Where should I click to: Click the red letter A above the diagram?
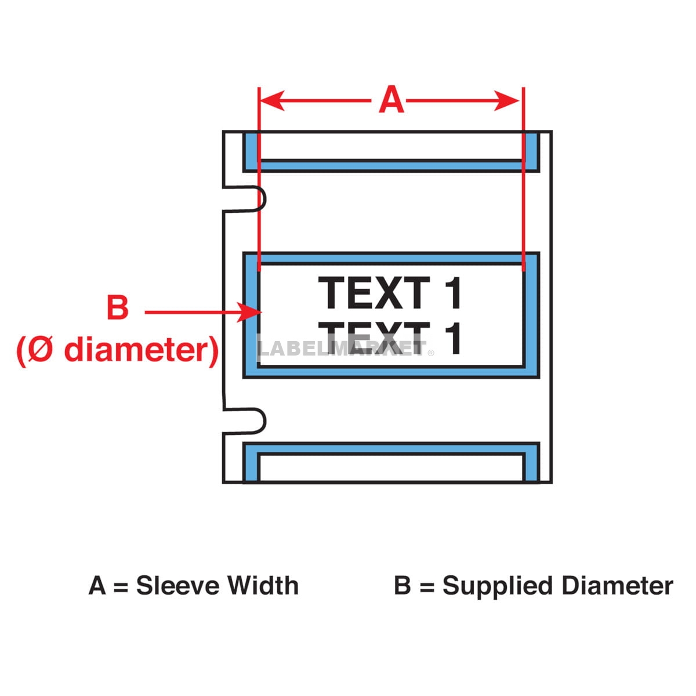pos(391,100)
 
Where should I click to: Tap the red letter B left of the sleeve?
pos(118,307)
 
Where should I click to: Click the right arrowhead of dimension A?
pos(507,100)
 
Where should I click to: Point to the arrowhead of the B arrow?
pos(249,313)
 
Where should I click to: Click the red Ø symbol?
pos(40,350)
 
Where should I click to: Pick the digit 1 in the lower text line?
pos(454,338)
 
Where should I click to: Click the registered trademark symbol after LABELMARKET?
pos(431,353)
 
